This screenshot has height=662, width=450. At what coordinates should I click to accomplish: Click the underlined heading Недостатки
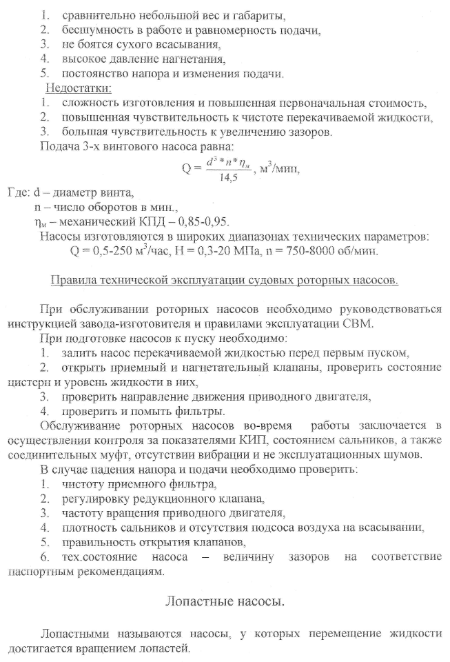pyautogui.click(x=78, y=88)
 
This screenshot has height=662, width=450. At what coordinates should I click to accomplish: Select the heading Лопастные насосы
pyautogui.click(x=224, y=601)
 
